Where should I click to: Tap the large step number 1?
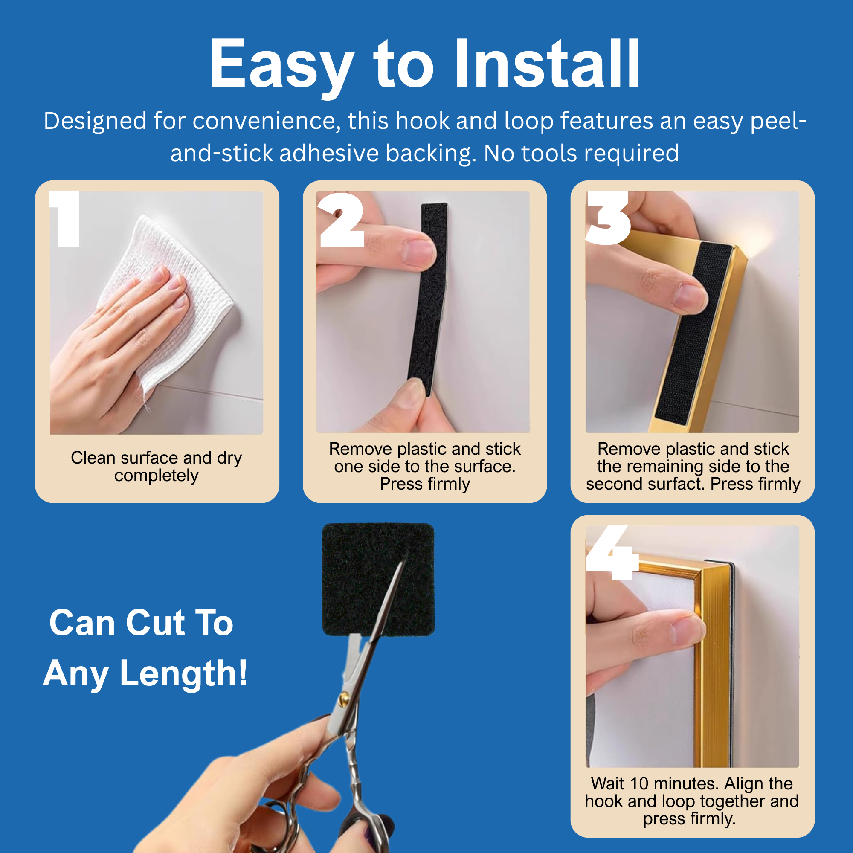pyautogui.click(x=65, y=218)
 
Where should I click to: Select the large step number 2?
pyautogui.click(x=341, y=220)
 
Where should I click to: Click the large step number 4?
pyautogui.click(x=612, y=552)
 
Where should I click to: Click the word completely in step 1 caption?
pyautogui.click(x=156, y=476)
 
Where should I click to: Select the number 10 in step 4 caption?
pyautogui.click(x=639, y=783)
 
